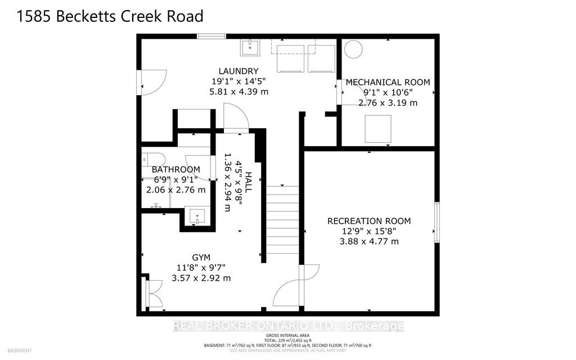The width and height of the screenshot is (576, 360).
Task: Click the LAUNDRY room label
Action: click(x=238, y=71)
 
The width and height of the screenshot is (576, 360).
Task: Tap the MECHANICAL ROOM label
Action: click(x=388, y=82)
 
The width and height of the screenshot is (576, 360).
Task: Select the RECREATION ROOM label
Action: click(x=369, y=221)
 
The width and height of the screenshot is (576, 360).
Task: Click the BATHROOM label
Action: click(x=176, y=169)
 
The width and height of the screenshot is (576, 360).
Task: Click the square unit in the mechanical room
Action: click(x=378, y=129)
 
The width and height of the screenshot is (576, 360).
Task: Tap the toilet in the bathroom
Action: click(x=152, y=157)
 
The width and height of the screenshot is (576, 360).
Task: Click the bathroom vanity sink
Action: click(x=196, y=216)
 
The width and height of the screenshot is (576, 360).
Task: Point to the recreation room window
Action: click(x=436, y=223)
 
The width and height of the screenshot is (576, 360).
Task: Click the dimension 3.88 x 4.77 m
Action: click(x=369, y=241)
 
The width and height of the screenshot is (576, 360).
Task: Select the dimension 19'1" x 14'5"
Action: click(x=238, y=81)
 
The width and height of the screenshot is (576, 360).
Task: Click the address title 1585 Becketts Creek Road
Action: click(x=110, y=16)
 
